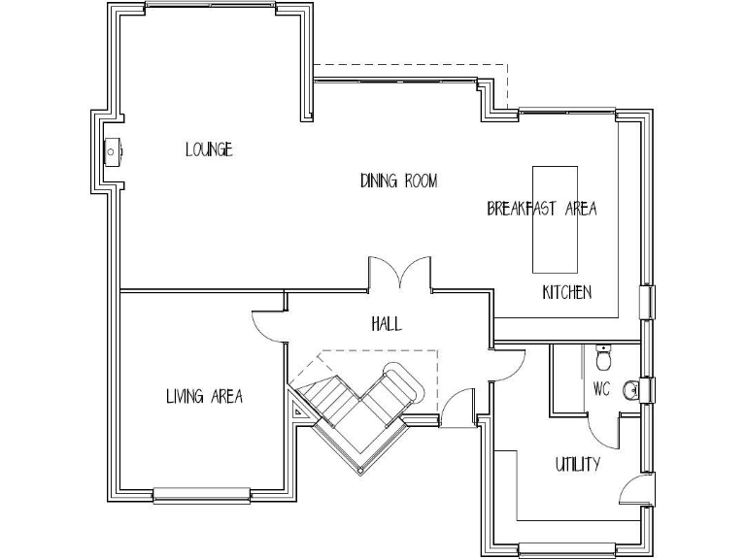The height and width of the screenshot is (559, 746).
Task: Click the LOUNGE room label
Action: [209, 149]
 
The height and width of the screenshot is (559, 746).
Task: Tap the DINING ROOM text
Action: [398, 181]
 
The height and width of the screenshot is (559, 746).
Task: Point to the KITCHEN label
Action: [566, 292]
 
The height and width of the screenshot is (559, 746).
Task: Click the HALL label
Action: [386, 324]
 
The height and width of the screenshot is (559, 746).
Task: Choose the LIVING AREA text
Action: [204, 396]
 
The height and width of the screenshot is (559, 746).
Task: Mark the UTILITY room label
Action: [577, 464]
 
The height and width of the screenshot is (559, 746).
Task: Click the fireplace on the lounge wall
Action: [114, 151]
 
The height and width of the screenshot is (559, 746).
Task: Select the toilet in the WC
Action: [603, 359]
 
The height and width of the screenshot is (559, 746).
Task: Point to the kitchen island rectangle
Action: [555, 219]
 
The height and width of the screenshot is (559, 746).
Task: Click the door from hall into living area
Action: [268, 324]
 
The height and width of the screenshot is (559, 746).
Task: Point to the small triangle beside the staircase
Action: [299, 411]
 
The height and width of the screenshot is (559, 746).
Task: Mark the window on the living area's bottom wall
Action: [202, 496]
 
